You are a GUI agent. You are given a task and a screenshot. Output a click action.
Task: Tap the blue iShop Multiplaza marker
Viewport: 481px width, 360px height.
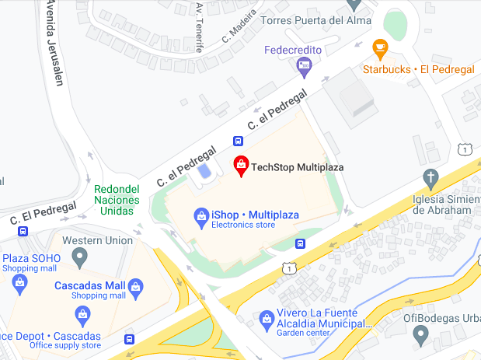pos(200,215)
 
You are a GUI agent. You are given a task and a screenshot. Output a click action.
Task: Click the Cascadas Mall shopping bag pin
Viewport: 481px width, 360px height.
pos(136,286)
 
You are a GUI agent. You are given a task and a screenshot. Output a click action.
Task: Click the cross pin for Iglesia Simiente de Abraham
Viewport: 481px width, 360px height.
pos(430,177)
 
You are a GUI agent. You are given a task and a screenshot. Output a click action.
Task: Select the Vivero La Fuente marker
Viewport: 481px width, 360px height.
pos(264,319)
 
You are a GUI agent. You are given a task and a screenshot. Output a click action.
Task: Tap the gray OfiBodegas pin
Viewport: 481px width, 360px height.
pos(420,335)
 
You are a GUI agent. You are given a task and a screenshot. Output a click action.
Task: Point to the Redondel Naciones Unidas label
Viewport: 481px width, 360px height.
pos(117,200)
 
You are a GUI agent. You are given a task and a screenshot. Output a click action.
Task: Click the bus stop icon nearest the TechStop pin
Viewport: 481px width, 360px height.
pos(238,141)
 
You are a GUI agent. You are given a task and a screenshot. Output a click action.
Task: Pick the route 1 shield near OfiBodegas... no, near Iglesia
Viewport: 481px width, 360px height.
pos(464,149)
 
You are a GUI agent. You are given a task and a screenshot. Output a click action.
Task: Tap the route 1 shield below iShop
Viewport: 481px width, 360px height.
pos(289,267)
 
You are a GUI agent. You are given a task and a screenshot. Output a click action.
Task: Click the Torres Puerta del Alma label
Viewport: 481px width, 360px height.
pos(308,20)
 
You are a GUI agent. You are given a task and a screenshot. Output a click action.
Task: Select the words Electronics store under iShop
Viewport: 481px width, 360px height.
pos(243,226)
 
